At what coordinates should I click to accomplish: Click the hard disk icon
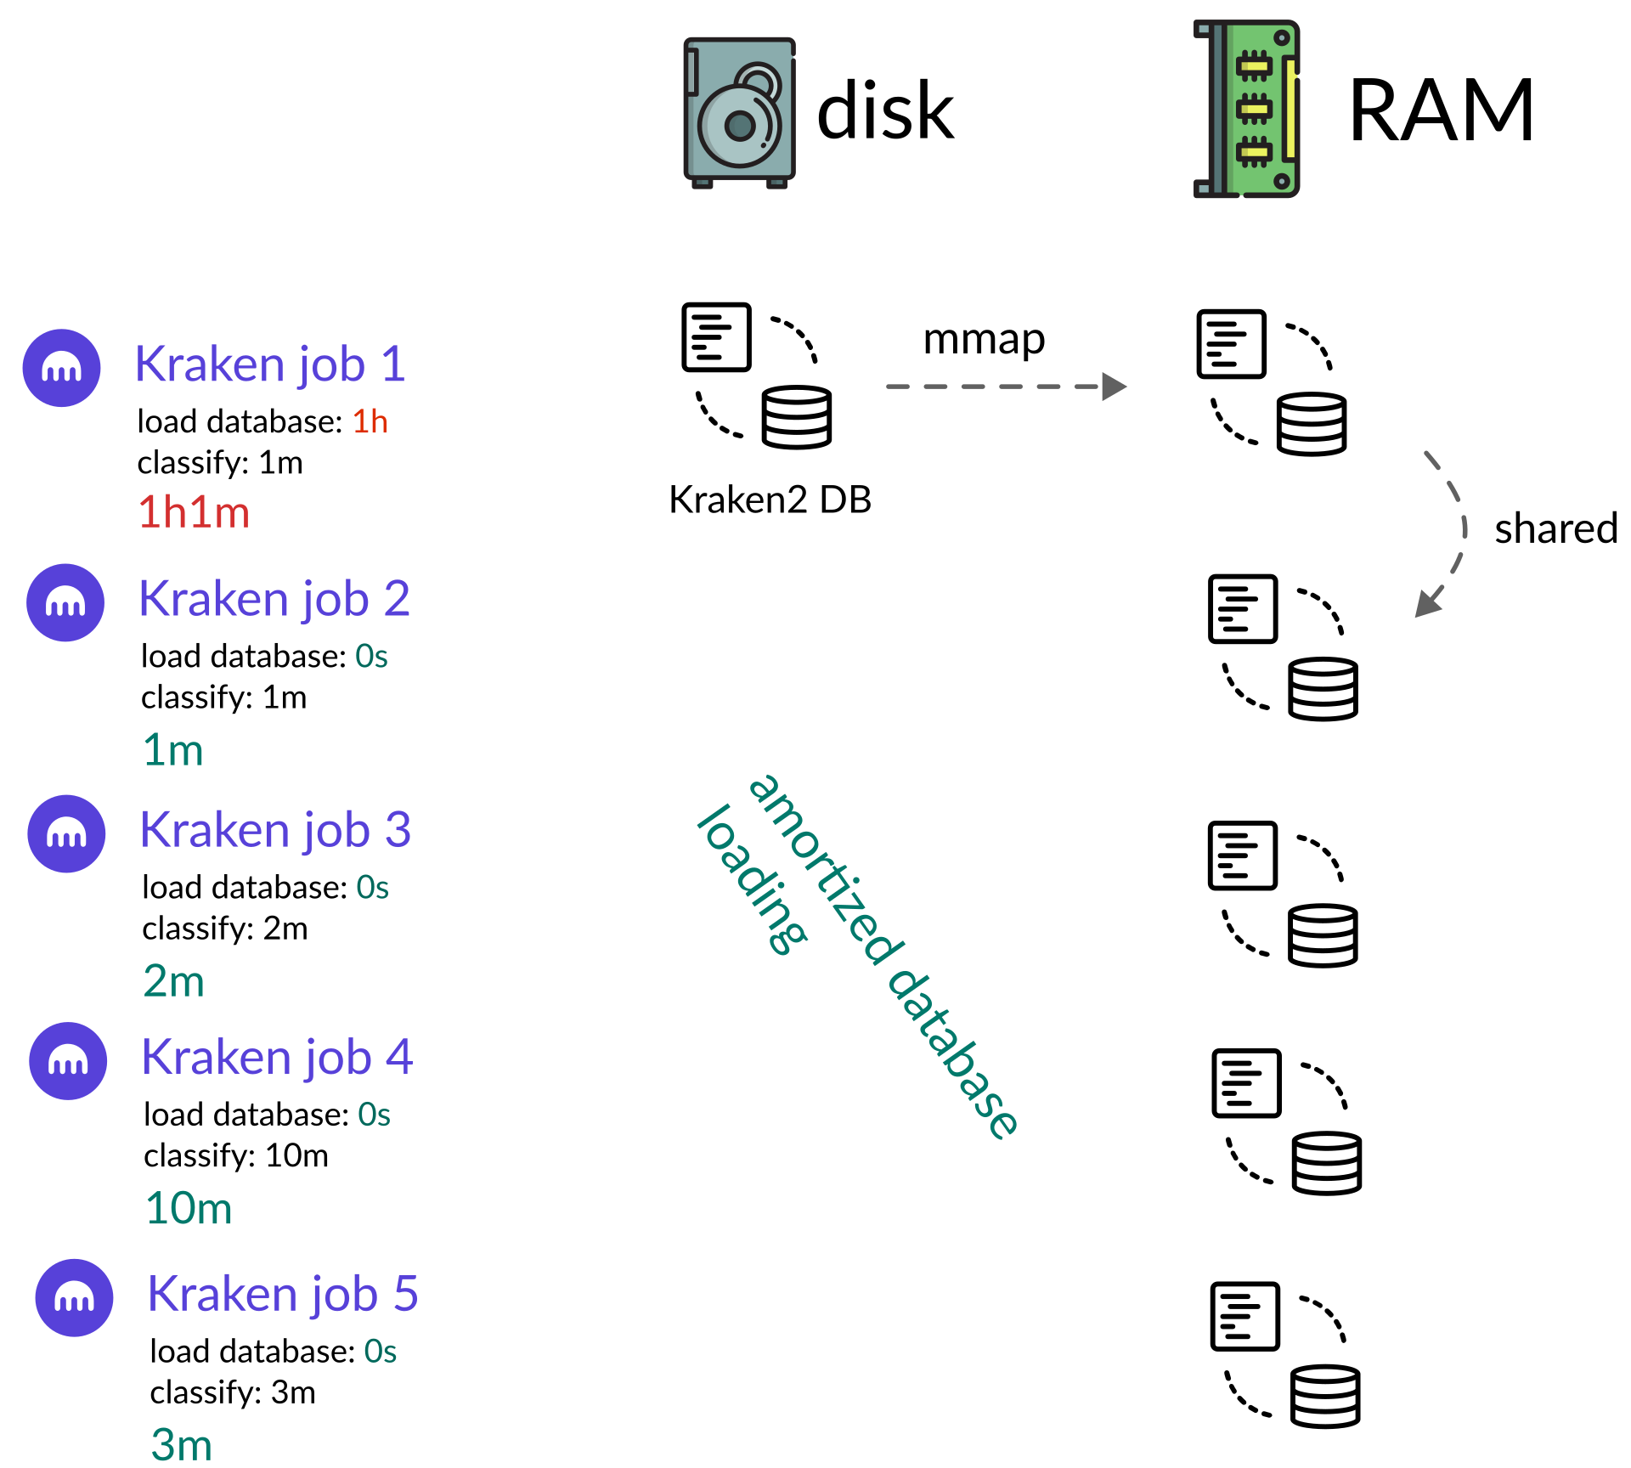tap(739, 112)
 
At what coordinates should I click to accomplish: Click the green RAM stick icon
tap(1247, 109)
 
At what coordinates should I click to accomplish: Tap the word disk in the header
tap(884, 111)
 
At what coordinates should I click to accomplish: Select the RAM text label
tap(1441, 110)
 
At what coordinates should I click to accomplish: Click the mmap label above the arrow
tap(984, 340)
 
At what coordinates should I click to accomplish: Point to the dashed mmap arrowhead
tap(1114, 387)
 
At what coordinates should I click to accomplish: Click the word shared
tap(1555, 528)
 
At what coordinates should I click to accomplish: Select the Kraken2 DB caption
tap(770, 500)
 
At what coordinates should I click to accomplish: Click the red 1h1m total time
tap(194, 513)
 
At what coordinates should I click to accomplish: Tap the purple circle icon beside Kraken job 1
tap(61, 368)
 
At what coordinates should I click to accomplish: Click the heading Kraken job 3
tap(275, 830)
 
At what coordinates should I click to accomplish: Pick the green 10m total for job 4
tap(189, 1208)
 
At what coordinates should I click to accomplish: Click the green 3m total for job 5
tap(181, 1444)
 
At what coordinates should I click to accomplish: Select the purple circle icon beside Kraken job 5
tap(74, 1297)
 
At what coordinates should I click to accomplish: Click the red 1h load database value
tap(370, 421)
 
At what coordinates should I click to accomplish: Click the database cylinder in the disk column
tap(796, 417)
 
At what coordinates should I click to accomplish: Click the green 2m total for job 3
tap(173, 981)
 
